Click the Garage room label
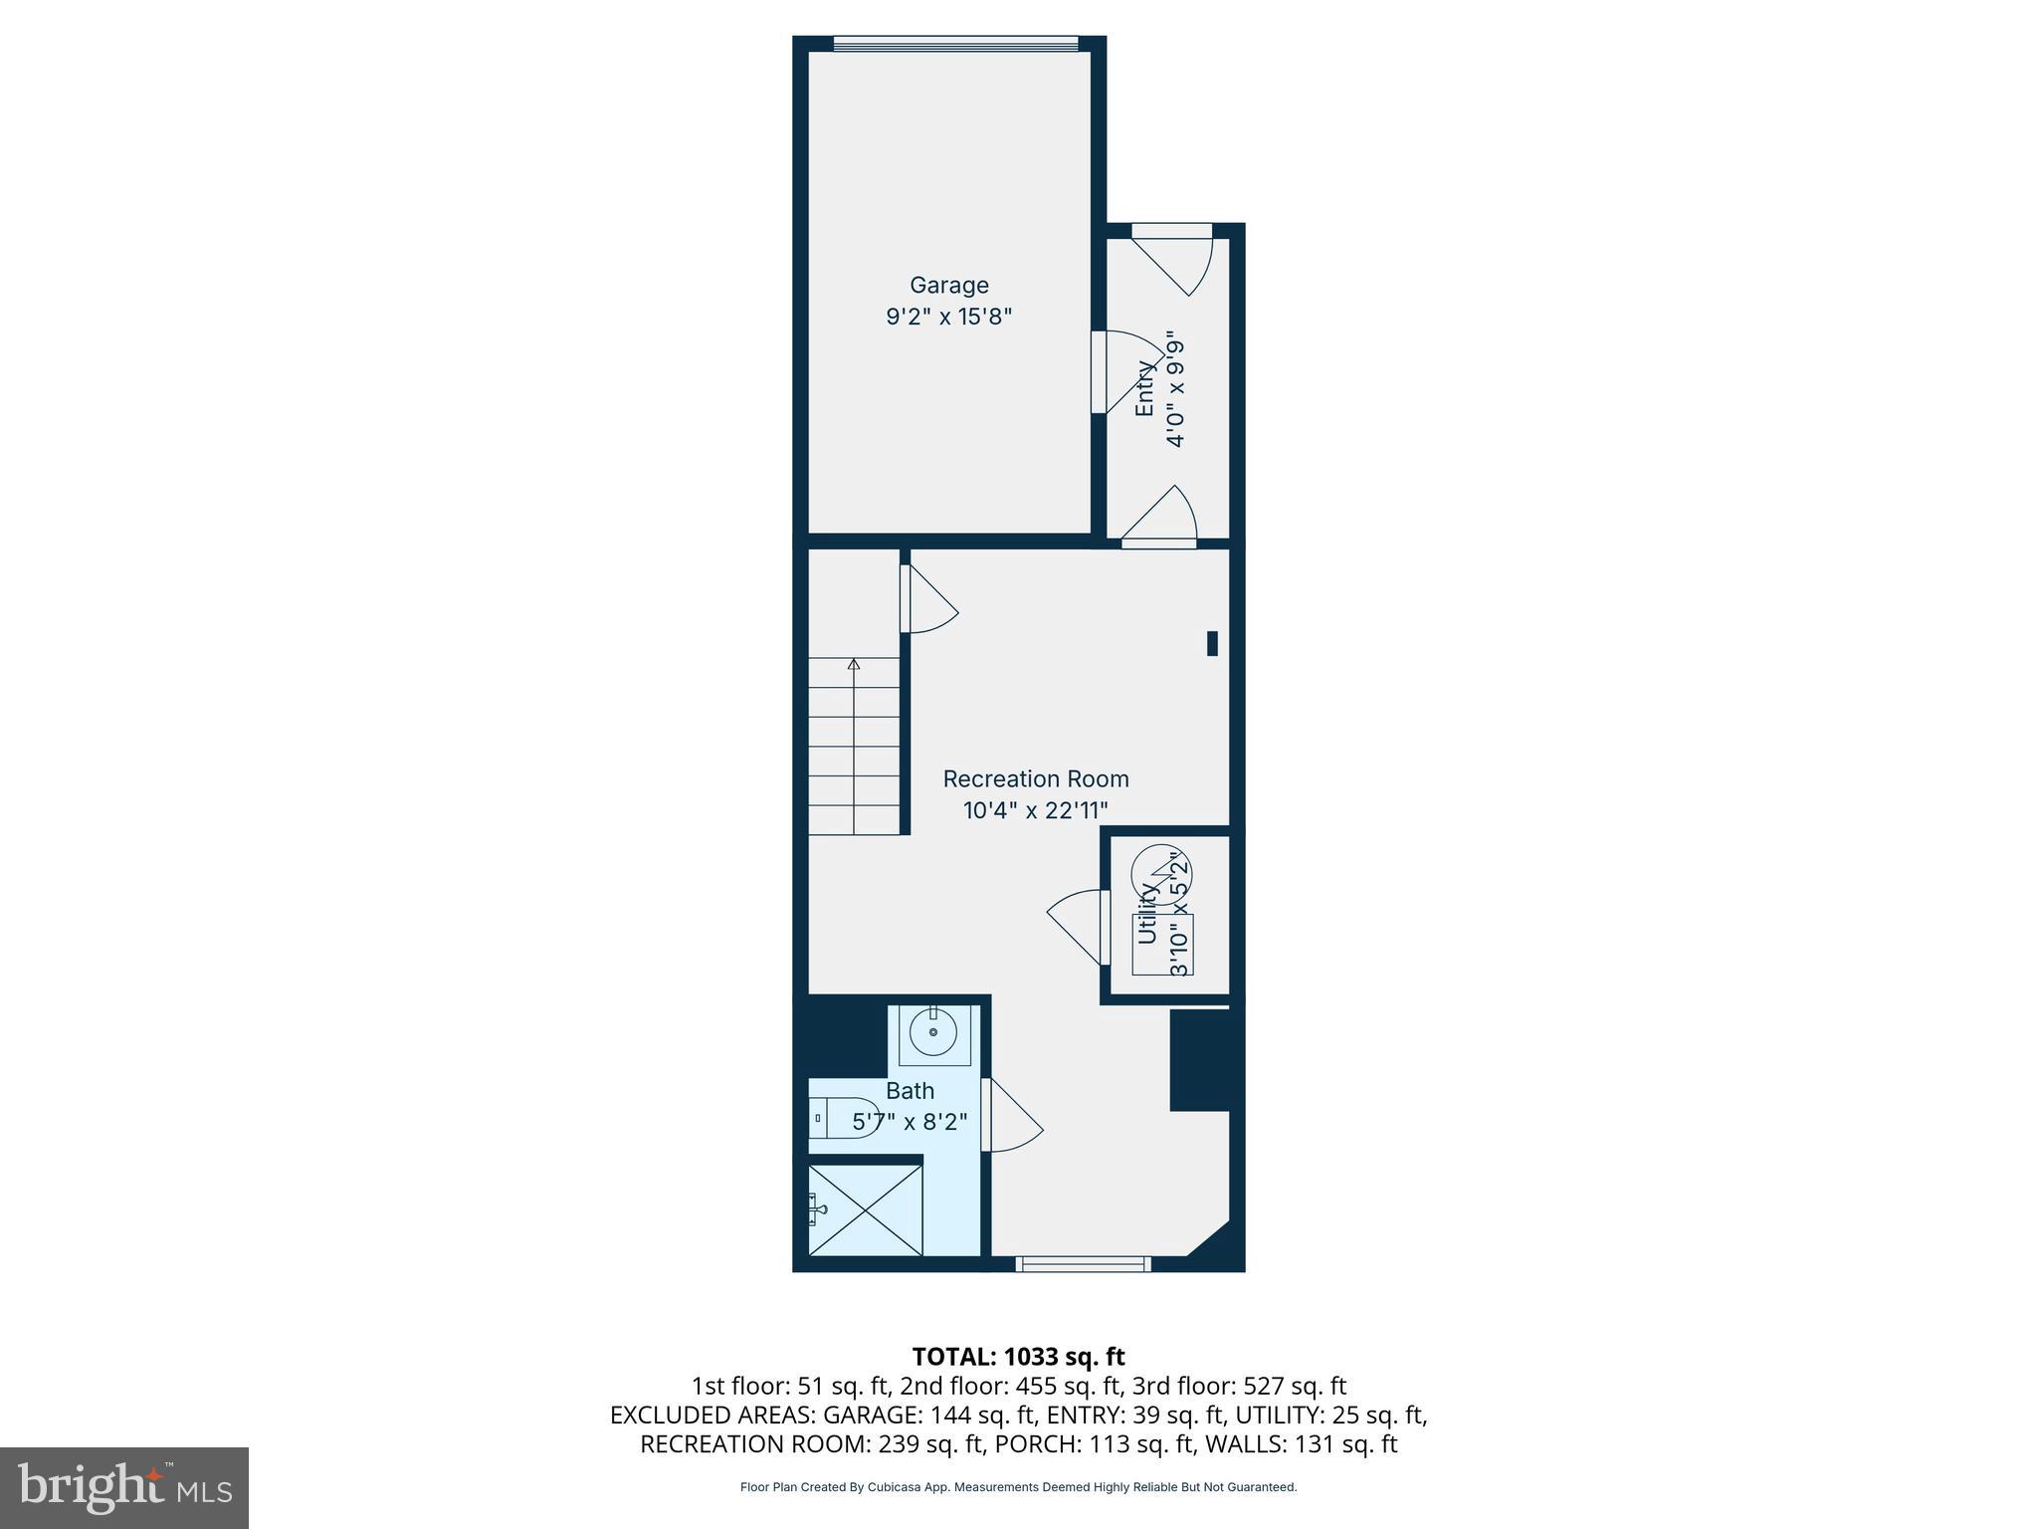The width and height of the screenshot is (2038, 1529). (x=948, y=286)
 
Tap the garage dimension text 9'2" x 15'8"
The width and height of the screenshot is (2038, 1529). (x=948, y=318)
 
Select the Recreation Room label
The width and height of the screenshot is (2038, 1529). (x=1035, y=778)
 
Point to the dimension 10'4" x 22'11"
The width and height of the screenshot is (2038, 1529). (x=1035, y=810)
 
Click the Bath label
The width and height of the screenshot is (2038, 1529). (x=910, y=1091)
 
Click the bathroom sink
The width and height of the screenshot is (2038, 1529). (x=933, y=1034)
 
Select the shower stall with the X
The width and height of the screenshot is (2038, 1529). (x=866, y=1209)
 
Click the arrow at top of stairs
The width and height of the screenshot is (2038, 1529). (x=854, y=664)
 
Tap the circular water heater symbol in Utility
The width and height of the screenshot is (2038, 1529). (x=1161, y=874)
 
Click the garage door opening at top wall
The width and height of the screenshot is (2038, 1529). (x=954, y=43)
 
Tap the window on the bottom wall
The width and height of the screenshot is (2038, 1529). (x=1083, y=1264)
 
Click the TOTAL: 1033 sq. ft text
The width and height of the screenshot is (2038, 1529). (x=1018, y=1357)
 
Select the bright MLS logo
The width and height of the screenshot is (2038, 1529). (x=124, y=1488)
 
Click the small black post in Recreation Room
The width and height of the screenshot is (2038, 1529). (x=1212, y=644)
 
